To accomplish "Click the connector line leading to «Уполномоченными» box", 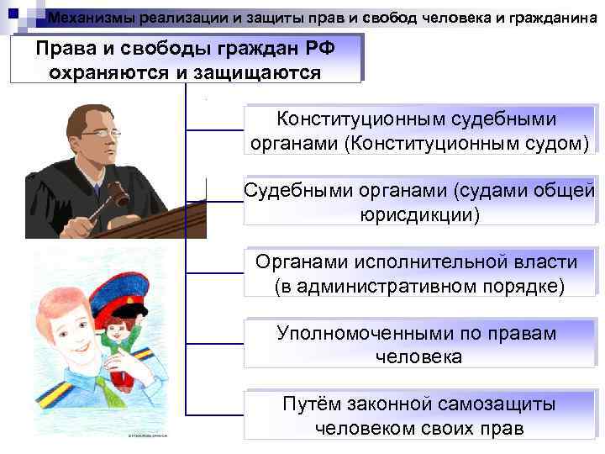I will click(213, 345).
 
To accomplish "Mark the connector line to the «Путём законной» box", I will click(213, 415).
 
